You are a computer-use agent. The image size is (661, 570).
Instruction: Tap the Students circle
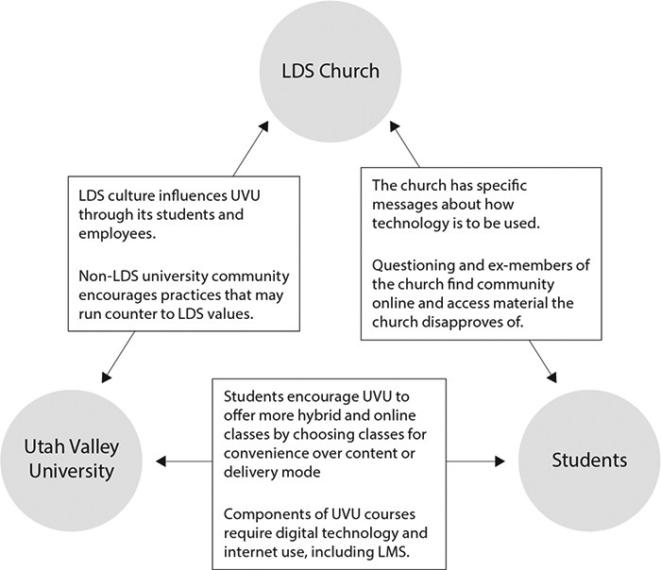(588, 461)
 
